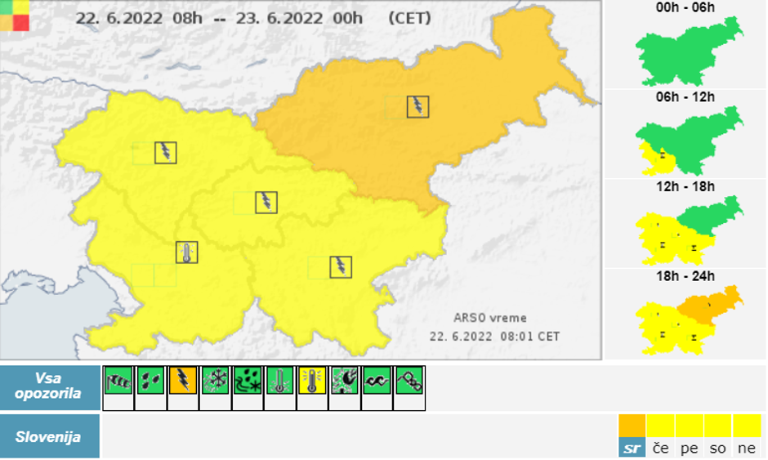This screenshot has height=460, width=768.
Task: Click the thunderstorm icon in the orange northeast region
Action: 417,106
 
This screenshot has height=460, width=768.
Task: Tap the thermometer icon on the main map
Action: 187,252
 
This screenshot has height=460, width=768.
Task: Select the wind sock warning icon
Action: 118,380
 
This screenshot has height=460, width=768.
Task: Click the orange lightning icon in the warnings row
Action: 182,380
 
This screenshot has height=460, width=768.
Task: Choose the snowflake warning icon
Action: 215,380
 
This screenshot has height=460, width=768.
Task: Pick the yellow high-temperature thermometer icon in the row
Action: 311,380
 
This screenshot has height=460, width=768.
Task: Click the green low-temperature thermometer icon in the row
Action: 279,380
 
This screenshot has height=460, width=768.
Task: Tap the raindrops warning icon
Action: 150,380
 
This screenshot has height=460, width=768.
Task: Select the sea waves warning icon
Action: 376,380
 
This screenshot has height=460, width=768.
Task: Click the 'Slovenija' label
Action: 48,436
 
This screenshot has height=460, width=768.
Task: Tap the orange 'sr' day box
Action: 632,435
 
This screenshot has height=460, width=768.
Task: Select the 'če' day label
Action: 660,448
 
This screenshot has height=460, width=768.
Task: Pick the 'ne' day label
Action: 747,448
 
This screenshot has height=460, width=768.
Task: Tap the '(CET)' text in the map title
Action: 409,17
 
